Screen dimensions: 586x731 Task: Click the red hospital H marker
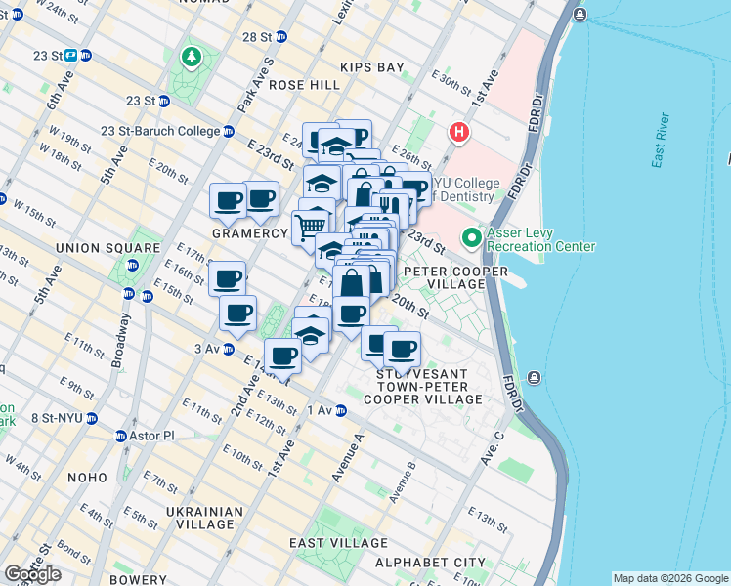click(457, 132)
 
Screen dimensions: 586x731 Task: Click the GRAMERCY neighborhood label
click(250, 234)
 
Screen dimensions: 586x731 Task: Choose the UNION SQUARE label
click(93, 248)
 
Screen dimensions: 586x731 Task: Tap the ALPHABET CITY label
click(430, 563)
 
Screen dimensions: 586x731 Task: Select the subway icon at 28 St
click(281, 37)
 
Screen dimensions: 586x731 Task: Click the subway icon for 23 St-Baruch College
click(229, 132)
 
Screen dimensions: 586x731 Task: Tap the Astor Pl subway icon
click(121, 436)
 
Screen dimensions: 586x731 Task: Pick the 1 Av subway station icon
click(341, 410)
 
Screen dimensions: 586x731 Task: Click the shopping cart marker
click(311, 225)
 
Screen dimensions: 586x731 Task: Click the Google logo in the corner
click(32, 574)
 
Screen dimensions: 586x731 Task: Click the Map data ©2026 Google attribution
click(670, 578)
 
